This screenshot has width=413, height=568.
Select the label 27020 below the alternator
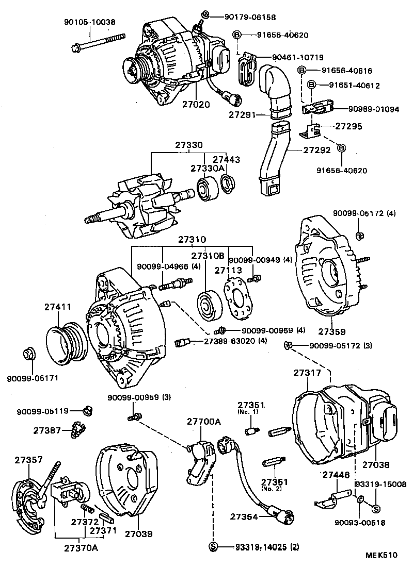196,104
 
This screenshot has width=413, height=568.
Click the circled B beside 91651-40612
312,85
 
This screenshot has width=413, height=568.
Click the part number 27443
227,160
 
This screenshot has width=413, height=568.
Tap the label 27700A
203,422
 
